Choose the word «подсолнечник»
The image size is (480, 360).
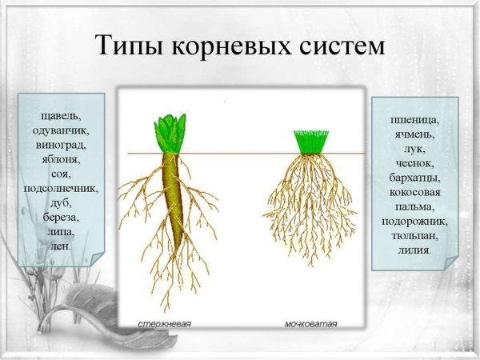pos(61,189)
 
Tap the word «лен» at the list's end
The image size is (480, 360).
pos(60,246)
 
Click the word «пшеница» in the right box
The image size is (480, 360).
pos(415,120)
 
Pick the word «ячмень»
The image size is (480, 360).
pos(415,134)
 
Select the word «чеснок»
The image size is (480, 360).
pos(415,163)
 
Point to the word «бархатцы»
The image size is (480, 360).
pos(415,178)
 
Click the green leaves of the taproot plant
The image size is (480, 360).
pos(170,132)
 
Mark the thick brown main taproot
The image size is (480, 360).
pos(172,192)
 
